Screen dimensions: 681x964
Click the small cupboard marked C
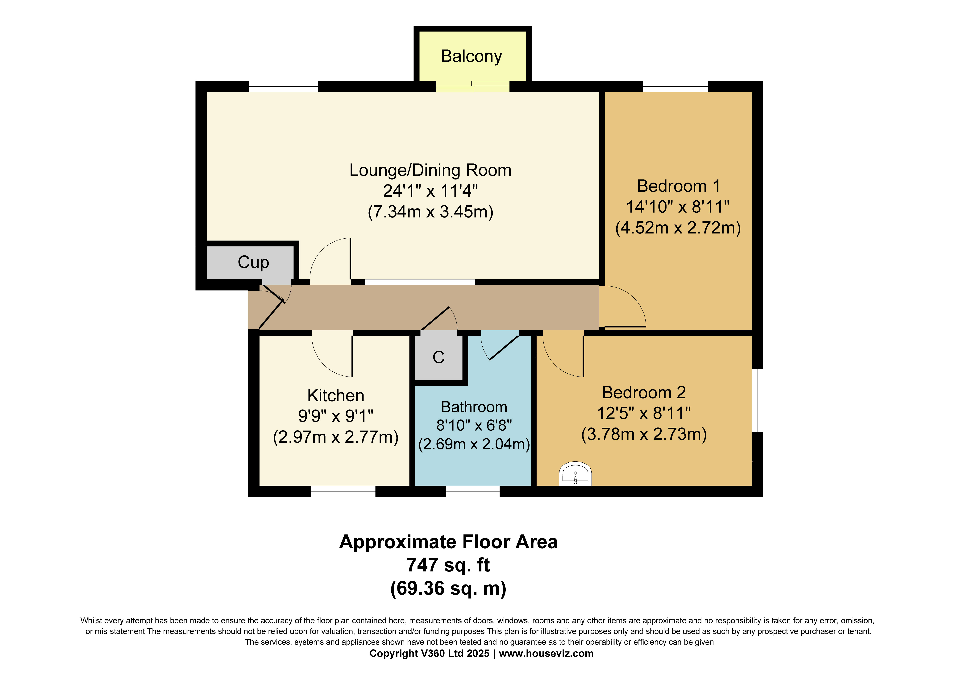click(439, 357)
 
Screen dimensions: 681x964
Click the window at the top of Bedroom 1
click(675, 86)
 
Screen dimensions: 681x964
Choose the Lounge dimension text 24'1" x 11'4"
click(430, 191)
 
